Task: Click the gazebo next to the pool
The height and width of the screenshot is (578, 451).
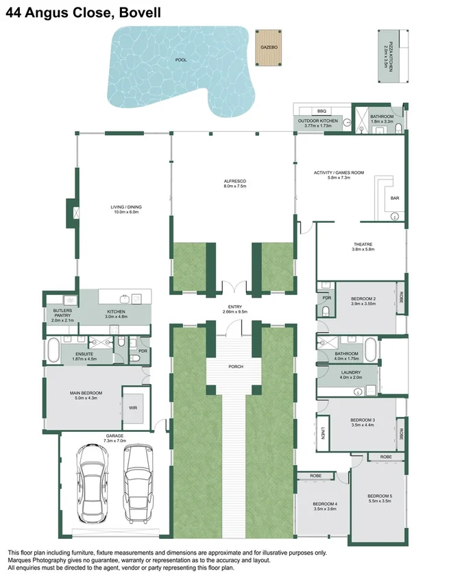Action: [268, 48]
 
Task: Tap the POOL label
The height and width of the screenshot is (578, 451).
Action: [181, 60]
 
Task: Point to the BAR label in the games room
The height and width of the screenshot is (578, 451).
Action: [394, 198]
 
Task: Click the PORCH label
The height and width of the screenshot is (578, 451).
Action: [236, 366]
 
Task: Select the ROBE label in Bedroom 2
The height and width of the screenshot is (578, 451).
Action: [401, 297]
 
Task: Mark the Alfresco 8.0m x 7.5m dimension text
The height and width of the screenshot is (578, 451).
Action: [235, 186]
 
